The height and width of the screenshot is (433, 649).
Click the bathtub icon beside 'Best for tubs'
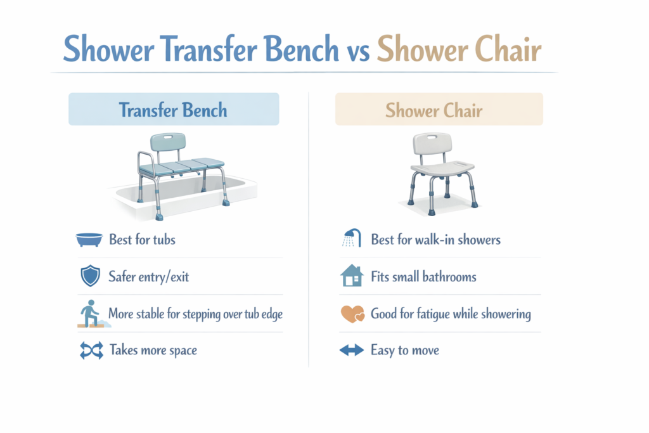coord(89,240)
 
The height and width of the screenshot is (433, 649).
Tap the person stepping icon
coord(91,314)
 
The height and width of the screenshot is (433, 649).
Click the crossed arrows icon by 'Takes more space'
coord(91,351)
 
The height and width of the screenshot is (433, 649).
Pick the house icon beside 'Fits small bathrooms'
coord(352,276)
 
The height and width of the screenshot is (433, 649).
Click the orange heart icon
coord(352,314)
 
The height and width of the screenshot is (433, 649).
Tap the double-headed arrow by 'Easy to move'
coord(352,351)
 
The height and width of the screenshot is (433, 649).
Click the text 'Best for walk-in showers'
coord(435,240)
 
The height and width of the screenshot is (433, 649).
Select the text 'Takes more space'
coord(153,351)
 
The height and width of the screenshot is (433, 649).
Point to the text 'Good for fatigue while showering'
coord(451,314)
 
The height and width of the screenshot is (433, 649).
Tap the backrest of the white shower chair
coord(437,145)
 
